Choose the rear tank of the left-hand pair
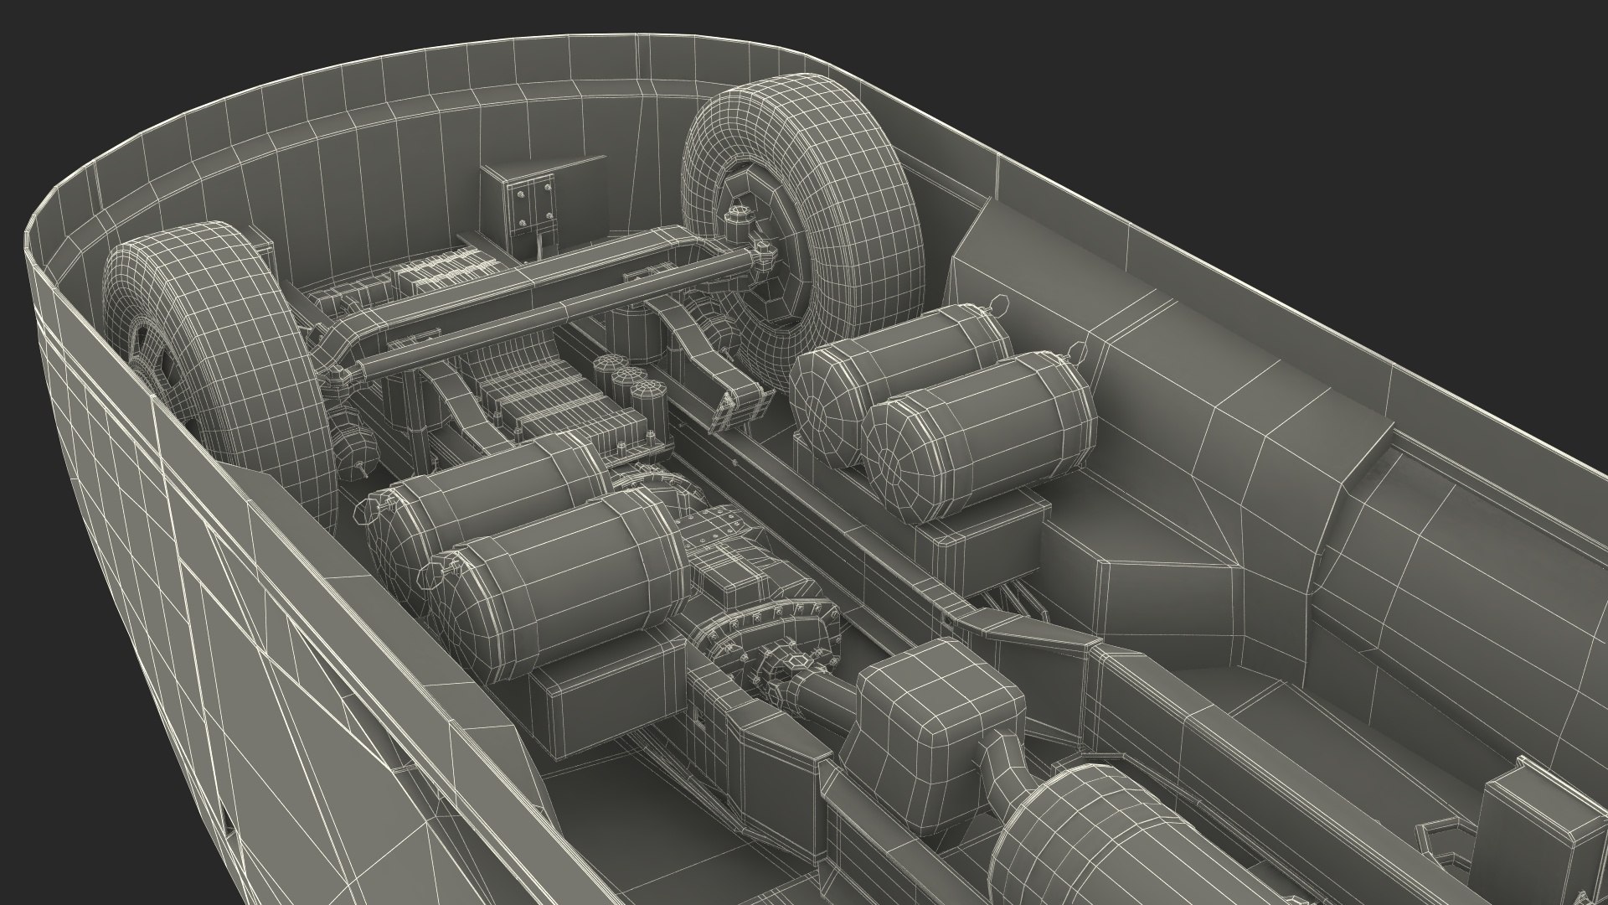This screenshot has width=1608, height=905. coord(494,494)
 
